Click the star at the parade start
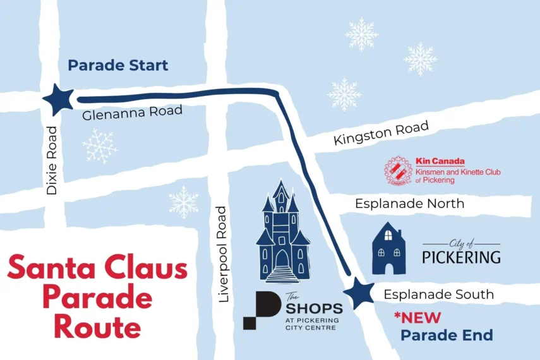pos(60,100)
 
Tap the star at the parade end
pos(361,293)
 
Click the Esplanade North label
pos(409,203)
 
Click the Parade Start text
pos(118,65)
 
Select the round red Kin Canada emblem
pos(399,171)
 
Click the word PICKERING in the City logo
pos(461,257)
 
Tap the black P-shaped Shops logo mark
pos(261,310)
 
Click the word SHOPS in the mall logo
pos(314,309)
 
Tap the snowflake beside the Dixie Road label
pos(100,146)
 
